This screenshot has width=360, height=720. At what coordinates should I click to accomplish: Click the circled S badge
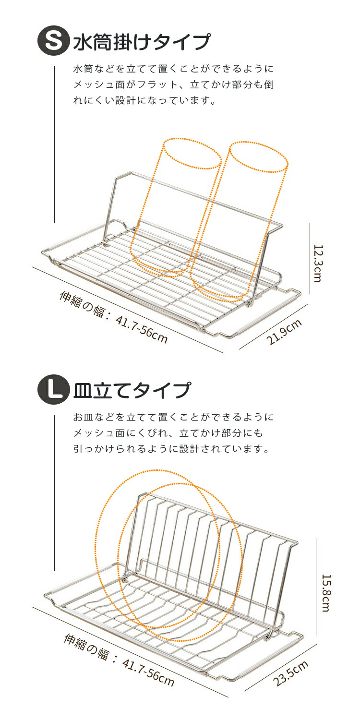[53, 41]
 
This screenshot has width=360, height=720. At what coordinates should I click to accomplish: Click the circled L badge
[53, 389]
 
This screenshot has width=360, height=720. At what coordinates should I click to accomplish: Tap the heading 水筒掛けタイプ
[142, 41]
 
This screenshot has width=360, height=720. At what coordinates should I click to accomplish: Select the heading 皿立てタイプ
[132, 390]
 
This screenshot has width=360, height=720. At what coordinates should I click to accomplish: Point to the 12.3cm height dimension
[318, 263]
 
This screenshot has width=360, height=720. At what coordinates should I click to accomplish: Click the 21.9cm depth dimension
[285, 332]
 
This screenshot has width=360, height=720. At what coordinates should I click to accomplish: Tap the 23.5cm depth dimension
[291, 673]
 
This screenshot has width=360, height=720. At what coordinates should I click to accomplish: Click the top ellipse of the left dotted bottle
[192, 154]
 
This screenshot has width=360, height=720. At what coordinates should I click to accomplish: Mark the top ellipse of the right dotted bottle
[258, 157]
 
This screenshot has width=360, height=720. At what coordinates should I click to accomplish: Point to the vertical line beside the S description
[54, 144]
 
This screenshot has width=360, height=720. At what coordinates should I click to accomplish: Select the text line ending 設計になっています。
[145, 100]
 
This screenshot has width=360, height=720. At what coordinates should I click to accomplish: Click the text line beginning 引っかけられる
[172, 449]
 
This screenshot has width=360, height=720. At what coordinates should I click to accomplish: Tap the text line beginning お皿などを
[174, 417]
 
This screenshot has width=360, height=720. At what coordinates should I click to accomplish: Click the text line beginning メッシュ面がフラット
[174, 84]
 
